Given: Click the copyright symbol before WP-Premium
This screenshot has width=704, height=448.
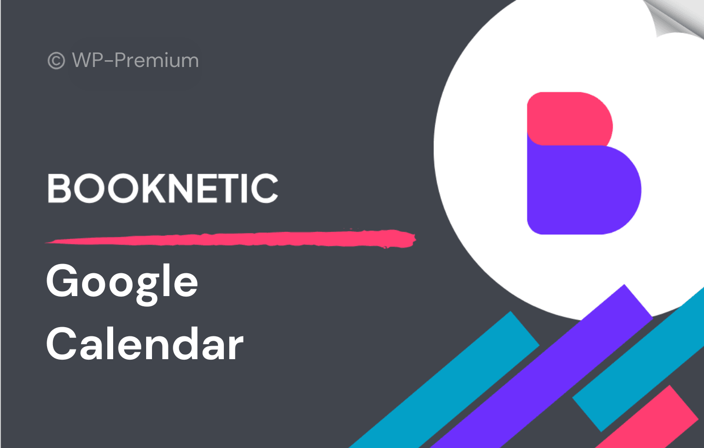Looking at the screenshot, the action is coord(56,60).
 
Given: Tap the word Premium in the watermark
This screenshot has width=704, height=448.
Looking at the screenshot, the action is coord(156,60).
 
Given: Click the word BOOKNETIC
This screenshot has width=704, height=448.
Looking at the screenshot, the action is coord(163,188).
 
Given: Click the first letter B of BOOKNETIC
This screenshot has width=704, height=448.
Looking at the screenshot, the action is coord(59,188).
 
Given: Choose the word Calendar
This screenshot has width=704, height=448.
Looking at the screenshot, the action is coord(145,343).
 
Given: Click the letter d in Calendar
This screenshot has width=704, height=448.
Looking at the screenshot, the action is coord(182,343).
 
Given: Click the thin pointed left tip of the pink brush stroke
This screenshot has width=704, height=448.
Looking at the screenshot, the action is coord(47,242).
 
